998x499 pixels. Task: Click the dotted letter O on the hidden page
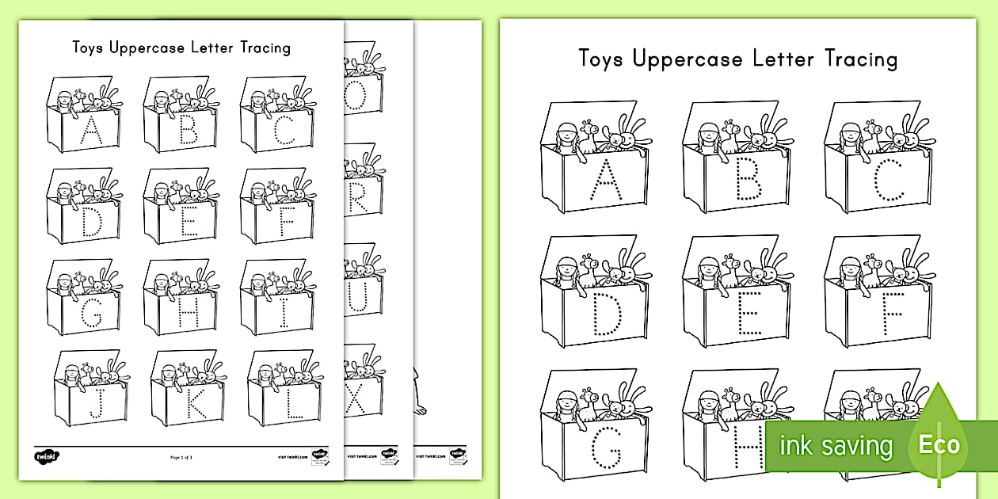tap(356, 97)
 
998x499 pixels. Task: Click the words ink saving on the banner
tap(835, 445)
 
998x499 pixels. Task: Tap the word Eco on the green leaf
tap(939, 444)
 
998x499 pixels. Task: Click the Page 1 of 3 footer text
tap(187, 457)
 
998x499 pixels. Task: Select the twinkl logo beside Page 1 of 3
tap(48, 457)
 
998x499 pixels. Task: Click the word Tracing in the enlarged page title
tap(861, 59)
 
